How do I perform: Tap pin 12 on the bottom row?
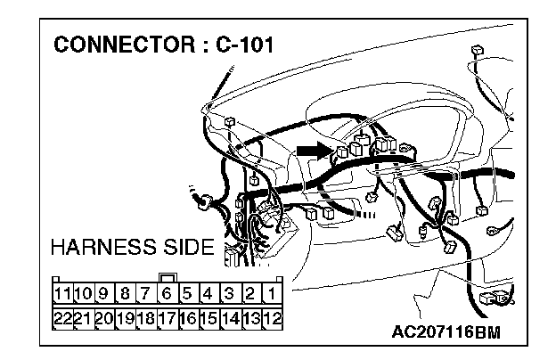pos(273,315)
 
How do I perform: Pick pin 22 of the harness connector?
pos(61,315)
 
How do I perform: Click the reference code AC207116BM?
pos(446,331)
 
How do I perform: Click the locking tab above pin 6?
pos(167,275)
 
